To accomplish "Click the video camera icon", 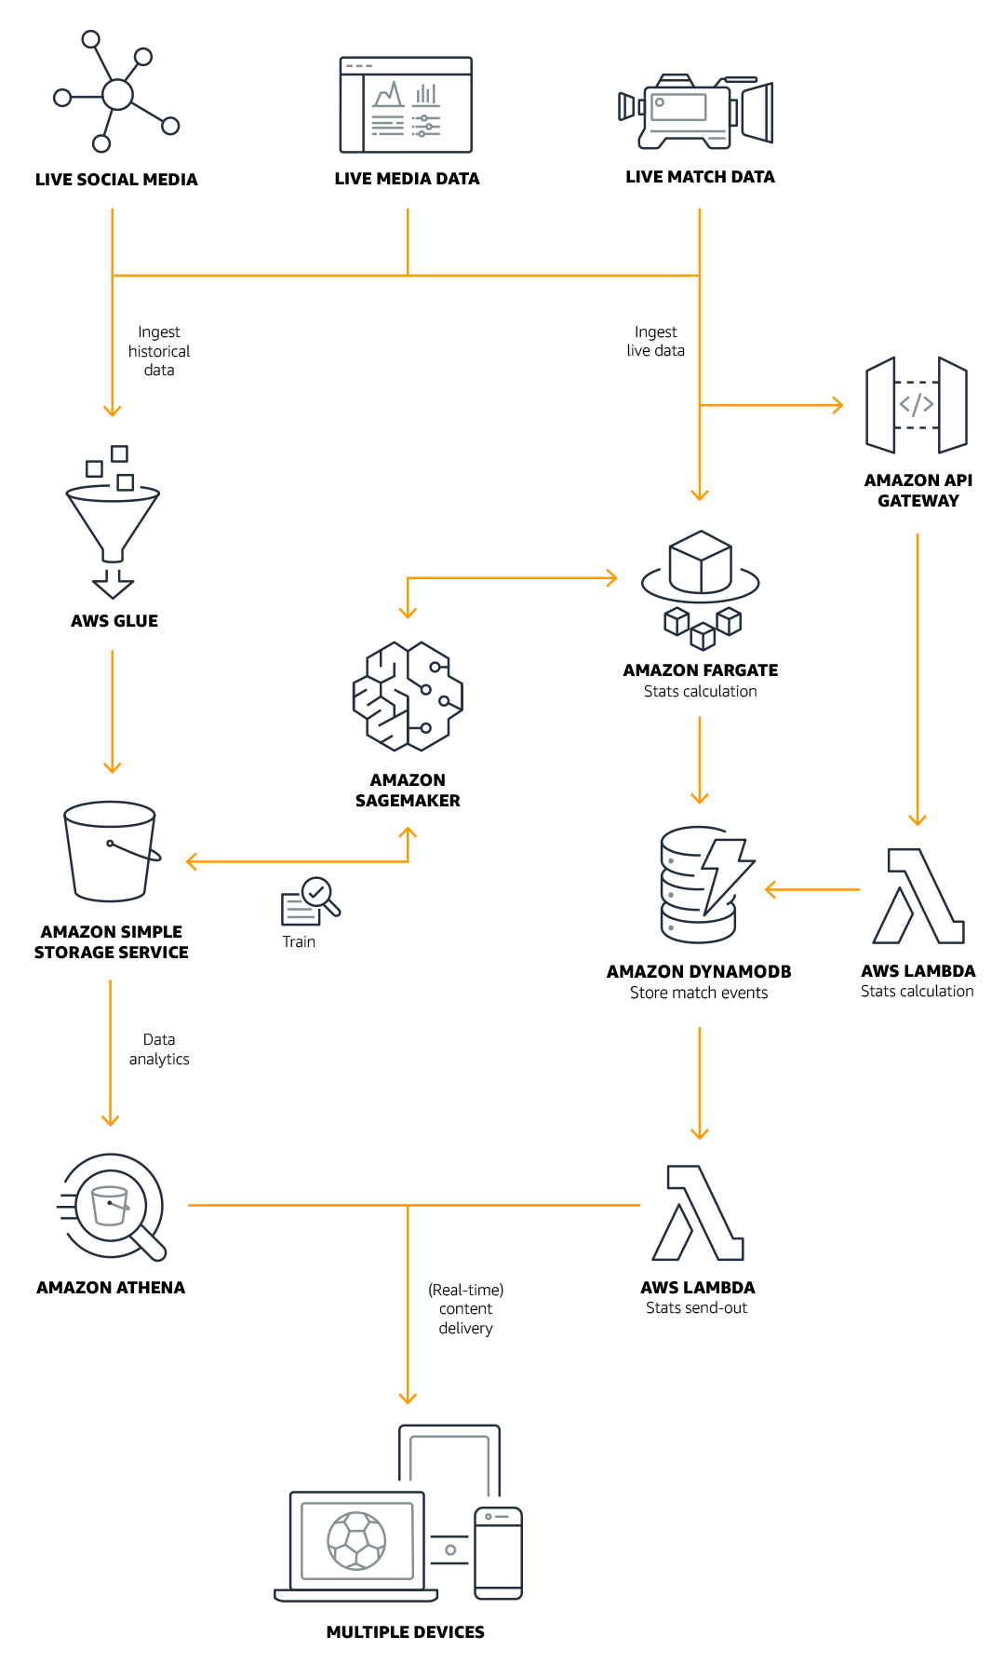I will click(695, 111).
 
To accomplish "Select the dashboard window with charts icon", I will click(406, 105).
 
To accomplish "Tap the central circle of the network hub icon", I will click(117, 94).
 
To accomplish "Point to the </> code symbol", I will click(916, 405).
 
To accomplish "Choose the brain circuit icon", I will click(408, 696).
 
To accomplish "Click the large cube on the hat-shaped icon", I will click(700, 561).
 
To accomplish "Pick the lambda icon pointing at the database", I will click(918, 896).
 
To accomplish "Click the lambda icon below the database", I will click(699, 1212).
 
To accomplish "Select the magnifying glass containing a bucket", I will click(114, 1207).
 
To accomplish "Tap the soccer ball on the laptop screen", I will click(357, 1540).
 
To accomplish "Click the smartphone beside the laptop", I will click(498, 1552).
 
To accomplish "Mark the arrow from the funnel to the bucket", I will click(112, 711).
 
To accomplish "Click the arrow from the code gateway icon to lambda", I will click(918, 680).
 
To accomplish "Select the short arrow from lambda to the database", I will click(811, 890).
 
